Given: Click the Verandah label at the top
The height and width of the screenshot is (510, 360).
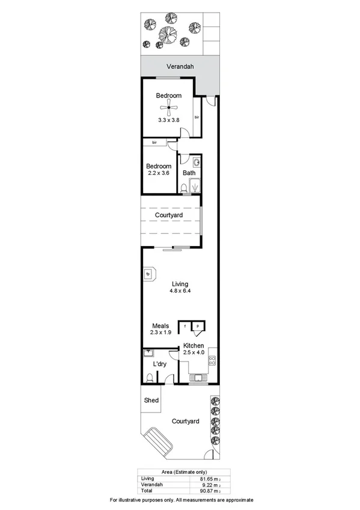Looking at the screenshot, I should tap(180, 67).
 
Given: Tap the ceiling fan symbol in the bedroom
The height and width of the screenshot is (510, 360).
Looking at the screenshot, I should tap(169, 108).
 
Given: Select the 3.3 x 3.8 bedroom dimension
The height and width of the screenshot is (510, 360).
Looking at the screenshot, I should tap(169, 120).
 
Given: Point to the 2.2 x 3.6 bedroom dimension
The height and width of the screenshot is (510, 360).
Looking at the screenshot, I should tap(159, 173).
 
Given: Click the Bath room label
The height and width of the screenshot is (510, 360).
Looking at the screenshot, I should tap(189, 173).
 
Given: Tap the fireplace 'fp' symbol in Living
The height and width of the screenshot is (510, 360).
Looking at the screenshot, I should tap(148, 274).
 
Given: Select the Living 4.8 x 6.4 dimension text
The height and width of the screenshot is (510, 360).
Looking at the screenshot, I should tap(180, 292).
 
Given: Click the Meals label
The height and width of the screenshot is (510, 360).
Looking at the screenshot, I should tap(160, 325).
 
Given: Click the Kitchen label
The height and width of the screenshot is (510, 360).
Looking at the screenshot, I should tap(194, 345).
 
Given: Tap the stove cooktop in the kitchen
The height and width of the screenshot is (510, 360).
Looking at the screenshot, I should tap(212, 361).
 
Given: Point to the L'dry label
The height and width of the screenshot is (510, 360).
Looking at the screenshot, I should tap(160, 364).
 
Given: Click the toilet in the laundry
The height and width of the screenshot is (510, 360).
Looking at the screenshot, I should tap(149, 378).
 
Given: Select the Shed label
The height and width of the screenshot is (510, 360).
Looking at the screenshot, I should tap(151, 401).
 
